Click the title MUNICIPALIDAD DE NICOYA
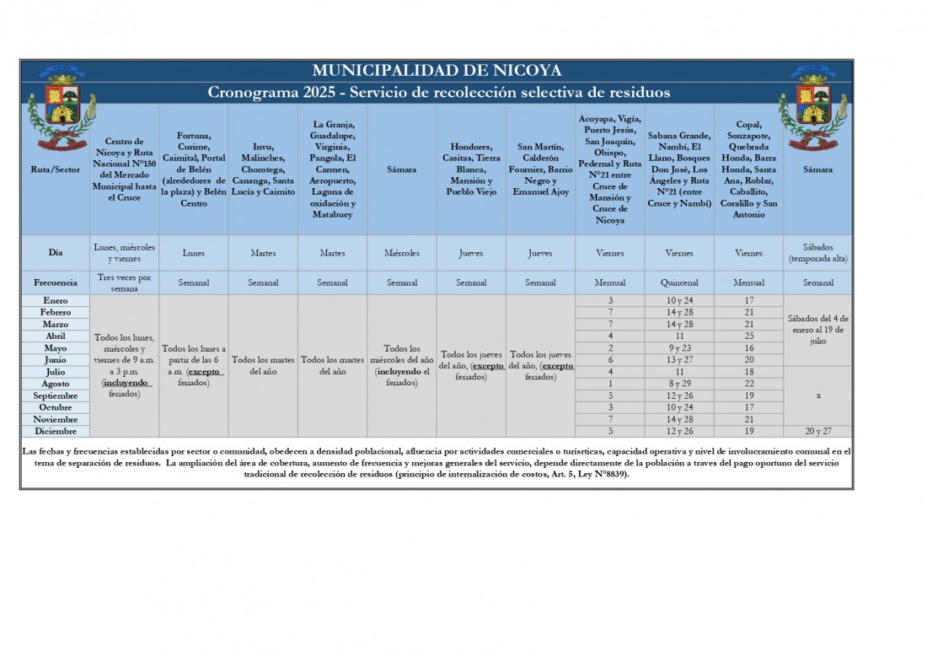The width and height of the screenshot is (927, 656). (x=437, y=71)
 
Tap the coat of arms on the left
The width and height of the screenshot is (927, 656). (x=62, y=109)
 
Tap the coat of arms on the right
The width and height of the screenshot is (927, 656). (x=813, y=109)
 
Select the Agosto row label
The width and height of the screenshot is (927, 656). (x=55, y=384)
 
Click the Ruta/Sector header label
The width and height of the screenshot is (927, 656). (x=55, y=169)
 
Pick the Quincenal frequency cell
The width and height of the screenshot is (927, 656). (x=679, y=282)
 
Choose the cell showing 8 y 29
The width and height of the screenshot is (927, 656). (x=679, y=384)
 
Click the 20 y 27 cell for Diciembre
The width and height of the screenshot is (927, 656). (x=817, y=431)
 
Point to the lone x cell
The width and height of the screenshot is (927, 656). (x=817, y=395)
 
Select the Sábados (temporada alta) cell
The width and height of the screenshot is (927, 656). (x=817, y=253)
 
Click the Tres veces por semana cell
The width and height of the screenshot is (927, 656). (x=125, y=282)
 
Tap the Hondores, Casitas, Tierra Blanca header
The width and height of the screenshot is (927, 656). (x=471, y=169)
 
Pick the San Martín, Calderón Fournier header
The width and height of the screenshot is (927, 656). (x=540, y=169)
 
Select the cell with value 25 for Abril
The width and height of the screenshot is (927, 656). (x=748, y=336)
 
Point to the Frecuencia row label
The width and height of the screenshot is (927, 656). (x=55, y=282)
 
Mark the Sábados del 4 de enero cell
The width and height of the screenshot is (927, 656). (x=817, y=330)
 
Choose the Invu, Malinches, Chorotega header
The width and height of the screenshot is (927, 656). (x=263, y=169)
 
